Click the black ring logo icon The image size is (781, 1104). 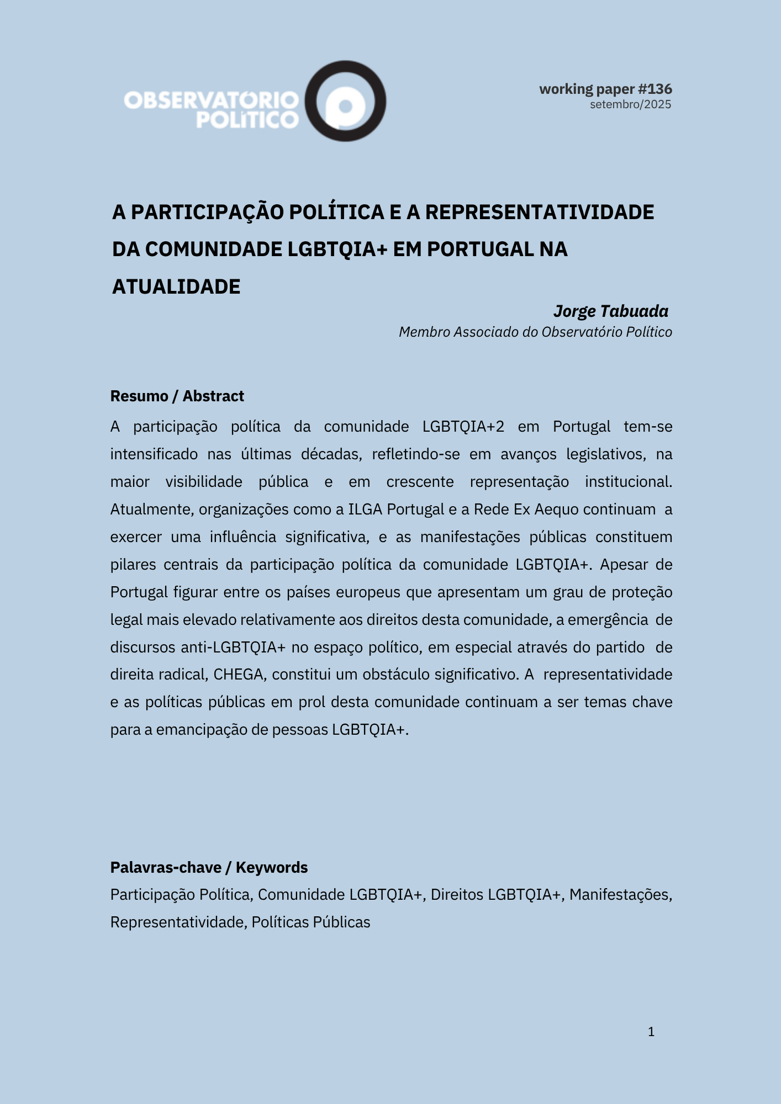[x=346, y=101]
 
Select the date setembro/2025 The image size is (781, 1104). [x=630, y=104]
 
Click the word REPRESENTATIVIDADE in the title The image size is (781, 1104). [x=539, y=213]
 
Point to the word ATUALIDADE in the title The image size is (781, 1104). [x=176, y=287]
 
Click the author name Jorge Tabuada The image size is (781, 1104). [x=611, y=311]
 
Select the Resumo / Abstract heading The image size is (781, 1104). [x=177, y=396]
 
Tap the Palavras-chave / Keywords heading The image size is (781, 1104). [x=209, y=867]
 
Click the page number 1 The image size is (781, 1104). [x=651, y=1032]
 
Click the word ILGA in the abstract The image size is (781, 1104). [x=365, y=509]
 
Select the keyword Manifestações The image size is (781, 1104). [x=620, y=895]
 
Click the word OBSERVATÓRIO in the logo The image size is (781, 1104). [x=211, y=100]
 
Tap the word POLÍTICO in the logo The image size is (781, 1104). [x=247, y=120]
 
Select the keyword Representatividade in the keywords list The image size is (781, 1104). [x=178, y=922]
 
